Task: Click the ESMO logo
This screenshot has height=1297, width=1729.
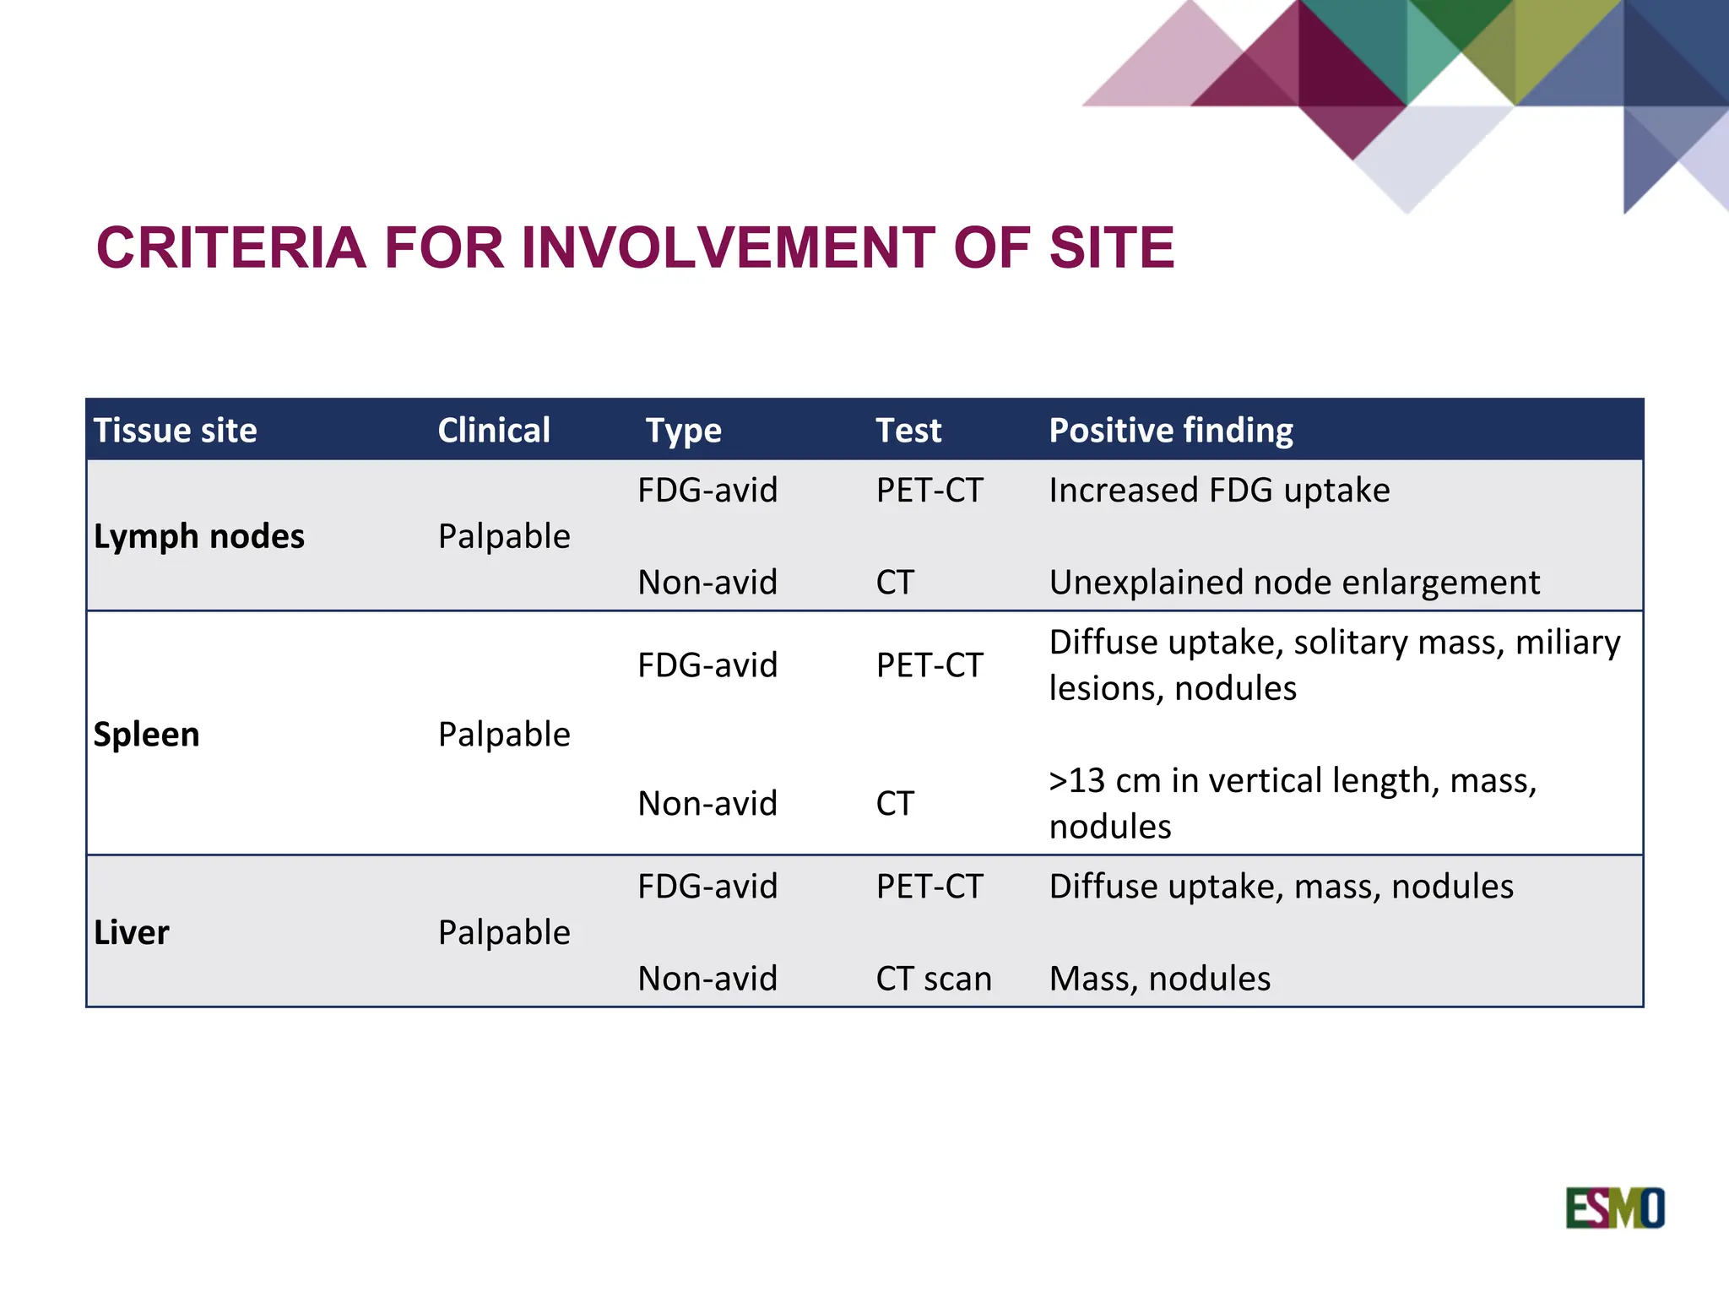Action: click(x=1614, y=1208)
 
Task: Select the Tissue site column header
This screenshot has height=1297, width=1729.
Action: click(x=175, y=431)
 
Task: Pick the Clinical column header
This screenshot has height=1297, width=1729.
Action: click(x=494, y=431)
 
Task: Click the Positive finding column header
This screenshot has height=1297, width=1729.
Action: click(x=1170, y=431)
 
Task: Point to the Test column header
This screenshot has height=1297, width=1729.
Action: click(x=908, y=431)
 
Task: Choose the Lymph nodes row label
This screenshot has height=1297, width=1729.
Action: click(x=198, y=537)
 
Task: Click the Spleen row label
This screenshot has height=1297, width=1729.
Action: click(x=146, y=735)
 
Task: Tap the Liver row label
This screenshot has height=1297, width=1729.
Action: click(x=132, y=933)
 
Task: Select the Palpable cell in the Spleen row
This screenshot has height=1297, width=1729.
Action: click(x=504, y=735)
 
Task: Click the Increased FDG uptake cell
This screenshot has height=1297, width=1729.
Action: click(x=1219, y=491)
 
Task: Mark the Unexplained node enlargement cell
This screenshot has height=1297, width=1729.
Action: click(x=1294, y=583)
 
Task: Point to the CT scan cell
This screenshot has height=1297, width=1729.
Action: click(x=933, y=979)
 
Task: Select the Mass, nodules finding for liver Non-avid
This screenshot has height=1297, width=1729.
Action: click(x=1159, y=979)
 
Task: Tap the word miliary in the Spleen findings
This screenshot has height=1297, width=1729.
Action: click(x=1568, y=643)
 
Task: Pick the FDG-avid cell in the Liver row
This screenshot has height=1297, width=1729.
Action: click(x=707, y=887)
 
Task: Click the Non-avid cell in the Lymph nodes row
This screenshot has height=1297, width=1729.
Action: click(x=707, y=583)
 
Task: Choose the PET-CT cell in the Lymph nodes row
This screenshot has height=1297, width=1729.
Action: click(x=930, y=491)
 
